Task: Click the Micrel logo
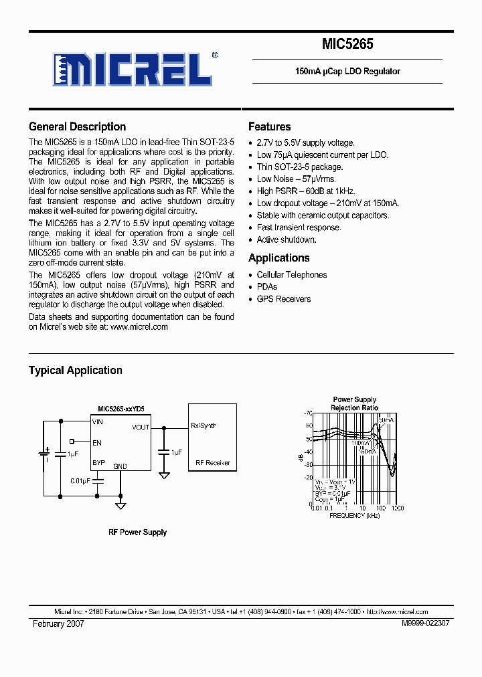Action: point(135,68)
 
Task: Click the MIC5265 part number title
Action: point(347,45)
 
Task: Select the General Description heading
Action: point(77,126)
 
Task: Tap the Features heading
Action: point(269,126)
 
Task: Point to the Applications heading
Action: point(278,258)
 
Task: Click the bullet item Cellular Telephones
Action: point(292,275)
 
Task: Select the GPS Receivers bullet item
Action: point(284,299)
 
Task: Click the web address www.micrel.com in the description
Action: point(139,327)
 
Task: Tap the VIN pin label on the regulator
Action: point(98,422)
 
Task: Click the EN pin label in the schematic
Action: point(97,442)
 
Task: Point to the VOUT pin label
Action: point(141,427)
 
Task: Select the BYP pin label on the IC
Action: point(98,462)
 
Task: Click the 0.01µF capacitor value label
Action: point(80,480)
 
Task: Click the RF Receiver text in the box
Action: point(213,462)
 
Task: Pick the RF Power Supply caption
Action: point(137,533)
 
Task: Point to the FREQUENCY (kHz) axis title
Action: point(356,516)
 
